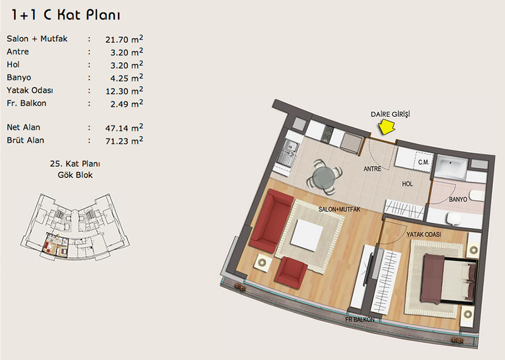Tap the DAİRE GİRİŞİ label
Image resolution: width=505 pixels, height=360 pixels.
[390, 114]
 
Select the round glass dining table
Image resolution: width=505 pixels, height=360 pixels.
[324, 177]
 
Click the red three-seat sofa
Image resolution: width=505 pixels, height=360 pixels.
[271, 220]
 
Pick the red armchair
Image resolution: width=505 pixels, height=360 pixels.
[291, 272]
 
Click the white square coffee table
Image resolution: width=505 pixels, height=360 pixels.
[307, 234]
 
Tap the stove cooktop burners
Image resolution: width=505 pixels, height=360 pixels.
[328, 134]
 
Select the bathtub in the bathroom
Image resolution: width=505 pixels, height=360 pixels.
[451, 167]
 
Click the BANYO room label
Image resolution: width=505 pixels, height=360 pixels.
[458, 200]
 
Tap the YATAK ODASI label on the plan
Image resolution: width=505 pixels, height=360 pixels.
[424, 234]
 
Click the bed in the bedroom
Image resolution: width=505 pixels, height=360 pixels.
[449, 279]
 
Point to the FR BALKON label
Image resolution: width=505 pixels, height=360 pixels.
[360, 320]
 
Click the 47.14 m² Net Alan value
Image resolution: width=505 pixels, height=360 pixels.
[124, 128]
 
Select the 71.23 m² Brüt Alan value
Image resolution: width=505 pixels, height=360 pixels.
[124, 140]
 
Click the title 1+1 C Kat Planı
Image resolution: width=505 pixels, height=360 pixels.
[66, 15]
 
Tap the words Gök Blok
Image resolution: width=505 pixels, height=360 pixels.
[75, 175]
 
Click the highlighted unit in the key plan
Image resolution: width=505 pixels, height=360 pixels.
[55, 244]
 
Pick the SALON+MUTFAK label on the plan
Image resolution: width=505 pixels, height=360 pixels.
[339, 209]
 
